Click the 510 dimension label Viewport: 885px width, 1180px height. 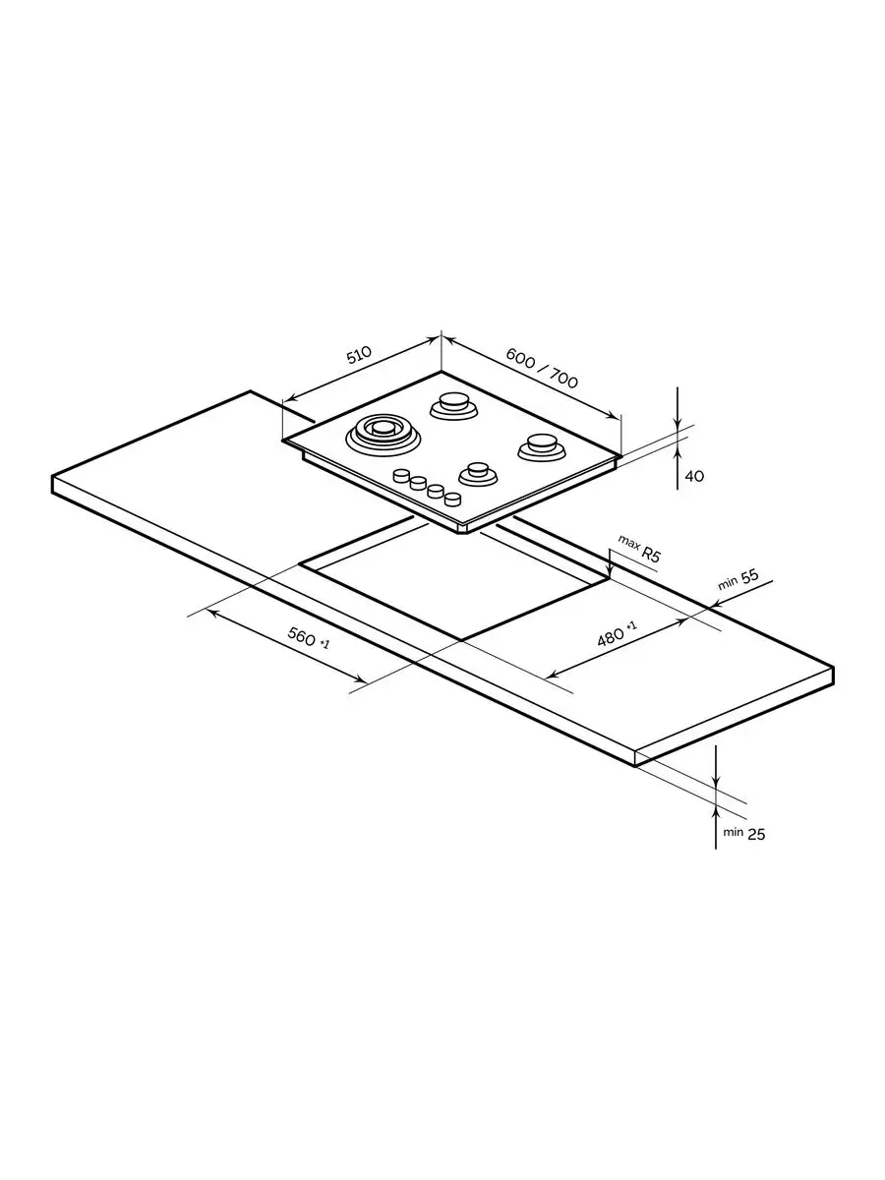click(359, 355)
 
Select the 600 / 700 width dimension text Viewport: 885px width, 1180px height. click(542, 368)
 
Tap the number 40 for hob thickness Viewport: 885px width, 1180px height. click(694, 476)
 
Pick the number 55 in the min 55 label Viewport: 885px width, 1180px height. click(749, 577)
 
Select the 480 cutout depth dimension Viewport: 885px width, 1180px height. click(612, 637)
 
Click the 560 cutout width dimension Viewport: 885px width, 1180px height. click(302, 636)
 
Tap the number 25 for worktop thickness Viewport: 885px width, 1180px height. click(755, 834)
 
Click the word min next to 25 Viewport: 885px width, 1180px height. click(733, 832)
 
